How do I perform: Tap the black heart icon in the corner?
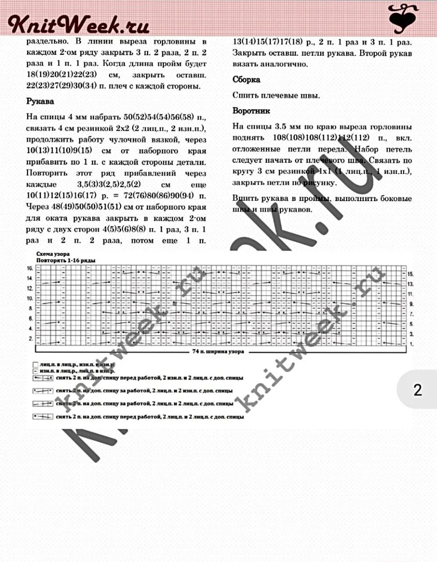pos(404,19)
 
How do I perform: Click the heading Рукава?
pos(40,101)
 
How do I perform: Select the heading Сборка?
pos(246,79)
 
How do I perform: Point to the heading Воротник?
pos(251,111)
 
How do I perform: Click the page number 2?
pos(417,390)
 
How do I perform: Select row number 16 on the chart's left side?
pos(30,268)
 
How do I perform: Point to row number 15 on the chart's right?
pos(411,274)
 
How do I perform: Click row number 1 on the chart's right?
pos(412,345)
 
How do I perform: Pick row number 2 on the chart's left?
pos(31,339)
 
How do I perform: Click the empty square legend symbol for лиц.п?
pos(35,364)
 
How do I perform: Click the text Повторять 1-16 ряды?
pos(66,260)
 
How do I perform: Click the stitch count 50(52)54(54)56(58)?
pos(158,118)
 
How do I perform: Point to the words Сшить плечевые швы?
pos(276,95)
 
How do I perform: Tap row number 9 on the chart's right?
pos(412,304)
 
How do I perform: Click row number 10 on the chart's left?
pos(30,299)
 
